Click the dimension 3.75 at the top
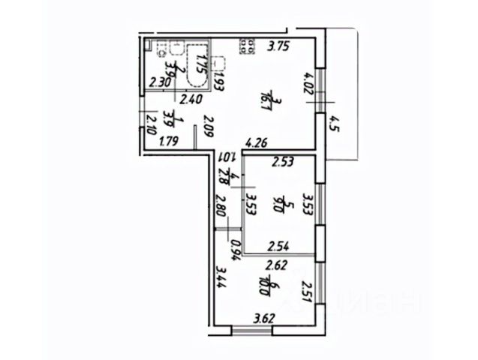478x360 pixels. (x=279, y=45)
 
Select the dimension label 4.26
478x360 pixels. (x=257, y=140)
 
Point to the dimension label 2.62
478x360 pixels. (x=278, y=263)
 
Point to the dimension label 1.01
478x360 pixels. (x=227, y=157)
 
